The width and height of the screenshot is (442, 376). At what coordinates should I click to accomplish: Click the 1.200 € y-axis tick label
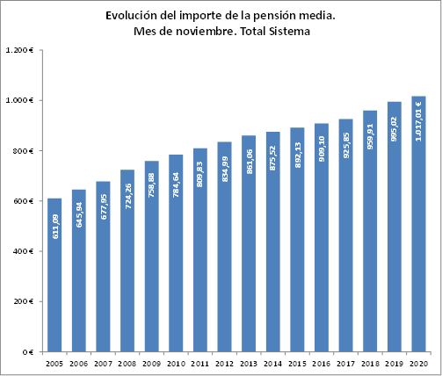[x=19, y=51]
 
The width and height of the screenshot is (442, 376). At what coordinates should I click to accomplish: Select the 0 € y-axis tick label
[x=27, y=352]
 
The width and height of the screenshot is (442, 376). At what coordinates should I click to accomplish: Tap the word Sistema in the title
[x=293, y=32]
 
